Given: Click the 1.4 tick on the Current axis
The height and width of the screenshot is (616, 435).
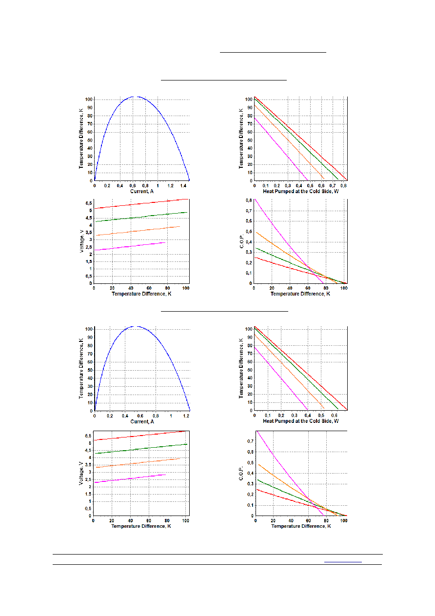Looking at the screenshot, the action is [x=183, y=186].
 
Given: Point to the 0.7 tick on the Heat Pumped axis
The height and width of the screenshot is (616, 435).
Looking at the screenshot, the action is [x=333, y=186].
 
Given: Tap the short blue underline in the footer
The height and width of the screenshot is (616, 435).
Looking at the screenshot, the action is [x=343, y=562].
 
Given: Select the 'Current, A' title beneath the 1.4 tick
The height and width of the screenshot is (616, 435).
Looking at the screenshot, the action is [x=142, y=191].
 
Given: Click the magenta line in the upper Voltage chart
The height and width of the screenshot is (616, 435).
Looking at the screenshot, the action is [x=130, y=246].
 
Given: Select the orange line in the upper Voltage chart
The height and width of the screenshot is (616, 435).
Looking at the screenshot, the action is [x=138, y=231].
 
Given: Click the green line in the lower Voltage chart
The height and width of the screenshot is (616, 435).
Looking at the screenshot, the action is [x=141, y=449].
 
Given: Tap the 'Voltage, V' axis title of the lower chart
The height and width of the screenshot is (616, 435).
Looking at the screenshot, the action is [x=80, y=473].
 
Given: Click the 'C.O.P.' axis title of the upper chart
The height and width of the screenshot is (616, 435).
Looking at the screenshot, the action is [x=242, y=241].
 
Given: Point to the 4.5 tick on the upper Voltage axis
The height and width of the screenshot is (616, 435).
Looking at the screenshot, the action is [x=89, y=218].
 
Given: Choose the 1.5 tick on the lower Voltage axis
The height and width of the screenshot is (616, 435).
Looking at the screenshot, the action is [x=88, y=494].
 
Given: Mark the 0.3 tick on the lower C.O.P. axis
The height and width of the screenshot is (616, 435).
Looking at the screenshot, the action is [x=250, y=484].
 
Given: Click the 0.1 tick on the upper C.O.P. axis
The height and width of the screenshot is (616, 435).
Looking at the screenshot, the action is [x=249, y=273].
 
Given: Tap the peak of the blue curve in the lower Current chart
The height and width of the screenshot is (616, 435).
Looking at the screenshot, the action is [x=135, y=326].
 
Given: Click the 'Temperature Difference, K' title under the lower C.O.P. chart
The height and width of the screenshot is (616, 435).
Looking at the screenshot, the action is [x=301, y=526].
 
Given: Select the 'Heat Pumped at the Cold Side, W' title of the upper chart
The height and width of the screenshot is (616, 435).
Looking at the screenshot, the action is [x=300, y=191].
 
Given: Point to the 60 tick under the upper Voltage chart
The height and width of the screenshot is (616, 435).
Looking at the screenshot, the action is [x=149, y=288].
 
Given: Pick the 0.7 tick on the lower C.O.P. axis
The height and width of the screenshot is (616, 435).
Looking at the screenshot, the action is [x=250, y=441].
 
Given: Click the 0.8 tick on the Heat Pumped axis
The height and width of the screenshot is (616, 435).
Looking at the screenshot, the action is [x=343, y=186].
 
